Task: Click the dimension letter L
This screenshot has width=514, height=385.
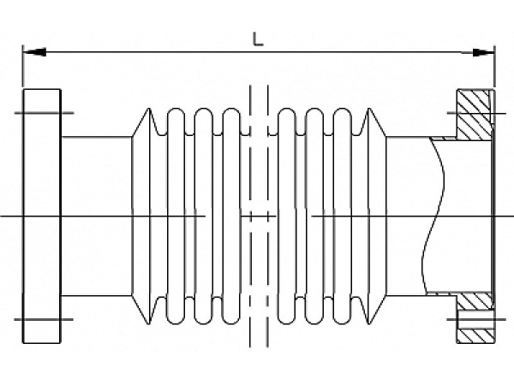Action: tap(258, 38)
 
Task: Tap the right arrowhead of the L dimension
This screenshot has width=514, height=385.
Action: tap(485, 52)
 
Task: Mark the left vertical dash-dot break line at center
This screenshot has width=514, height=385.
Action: tap(248, 214)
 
